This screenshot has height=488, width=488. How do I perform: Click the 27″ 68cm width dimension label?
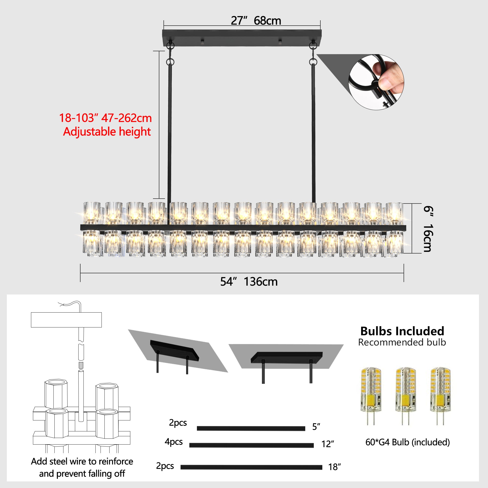[x=256, y=21]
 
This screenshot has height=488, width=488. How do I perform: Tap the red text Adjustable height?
[x=107, y=132]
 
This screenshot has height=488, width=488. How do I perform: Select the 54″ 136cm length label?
[x=249, y=282]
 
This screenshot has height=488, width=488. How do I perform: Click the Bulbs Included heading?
[x=402, y=331]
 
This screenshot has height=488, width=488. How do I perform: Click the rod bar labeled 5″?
[x=251, y=428]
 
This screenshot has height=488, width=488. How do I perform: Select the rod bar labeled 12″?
[x=251, y=445]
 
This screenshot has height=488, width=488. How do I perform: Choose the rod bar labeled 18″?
[x=251, y=467]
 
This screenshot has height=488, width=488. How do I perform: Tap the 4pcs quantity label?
[x=173, y=442]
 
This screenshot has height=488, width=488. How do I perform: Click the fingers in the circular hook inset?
[x=389, y=76]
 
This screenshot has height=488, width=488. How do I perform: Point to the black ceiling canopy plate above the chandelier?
[x=242, y=38]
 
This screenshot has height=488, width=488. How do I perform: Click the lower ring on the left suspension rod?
[x=170, y=62]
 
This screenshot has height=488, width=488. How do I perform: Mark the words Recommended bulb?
[x=402, y=342]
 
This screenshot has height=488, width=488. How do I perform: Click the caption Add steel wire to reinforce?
[x=82, y=461]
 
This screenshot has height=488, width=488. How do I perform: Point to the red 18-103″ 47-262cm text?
[x=105, y=118]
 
